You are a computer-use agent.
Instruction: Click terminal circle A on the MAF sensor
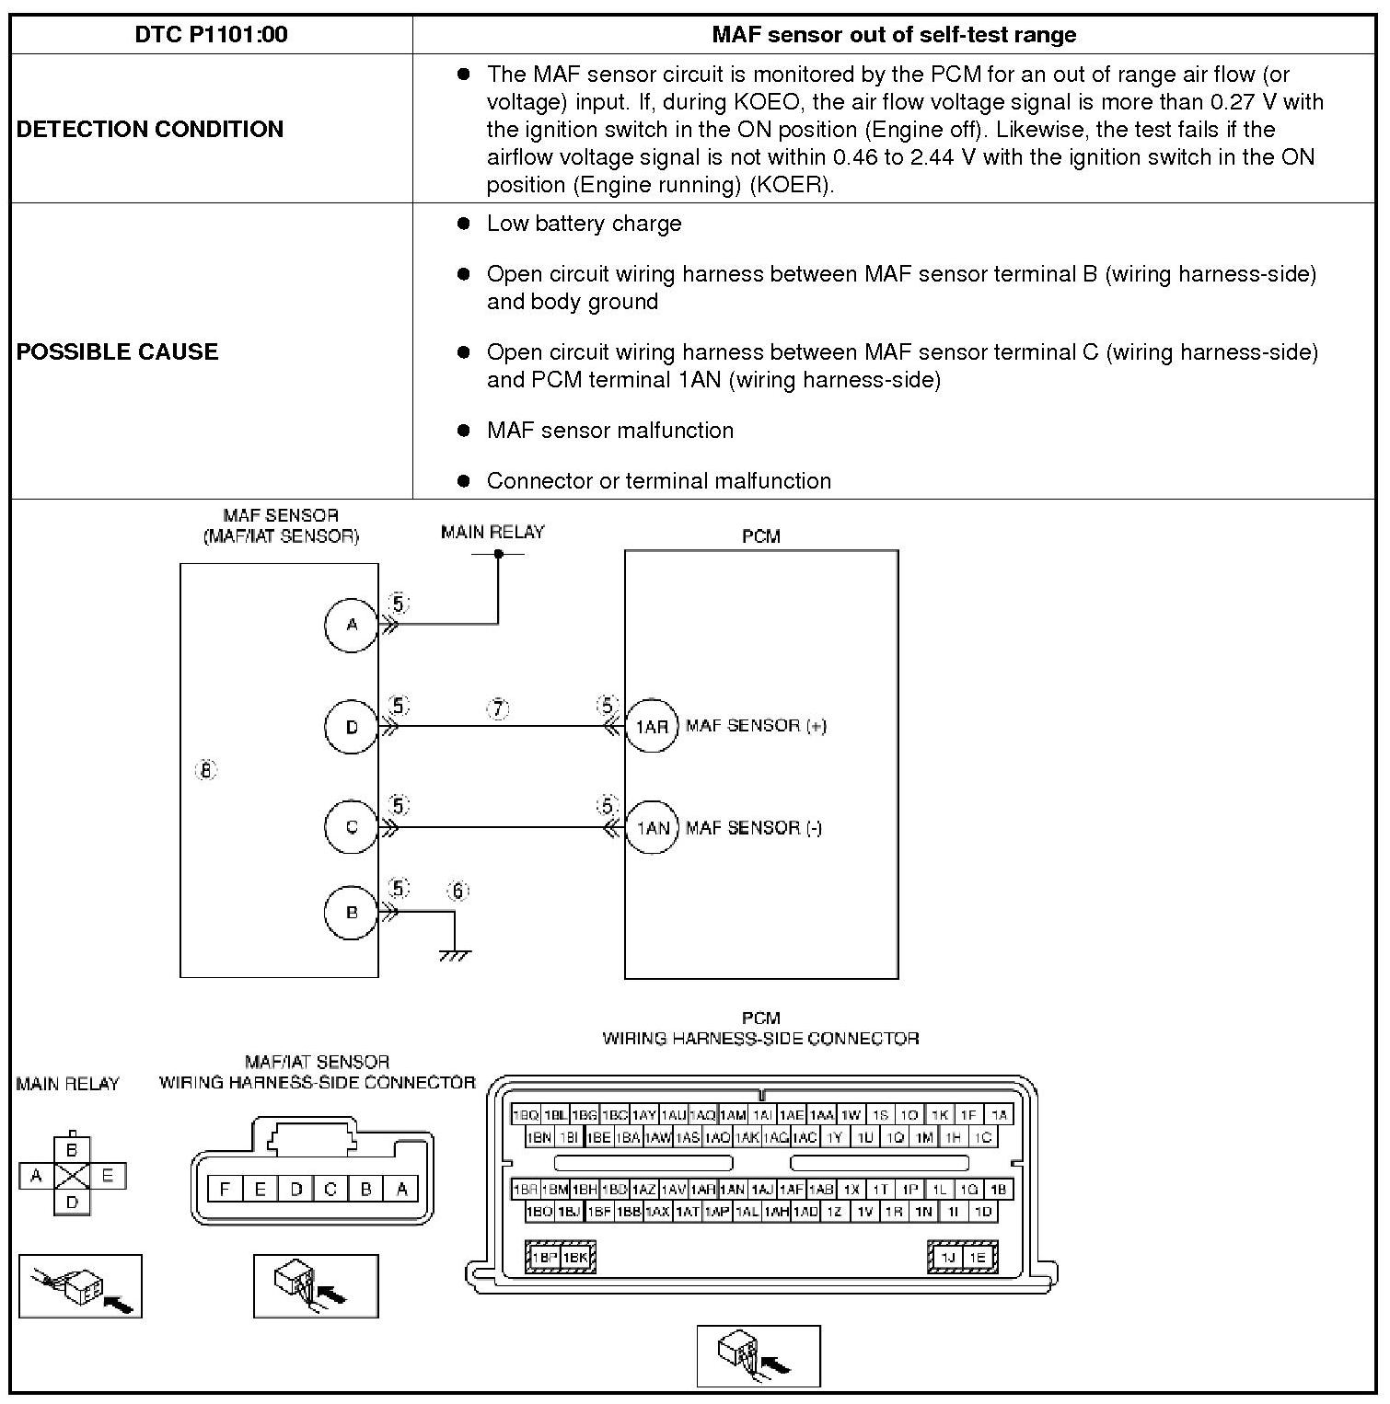pos(352,626)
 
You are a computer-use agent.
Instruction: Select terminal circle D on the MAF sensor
pos(352,727)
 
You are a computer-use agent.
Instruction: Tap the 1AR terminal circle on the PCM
pos(652,727)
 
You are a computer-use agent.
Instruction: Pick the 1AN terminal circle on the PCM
pos(652,827)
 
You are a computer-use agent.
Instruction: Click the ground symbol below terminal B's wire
pos(455,955)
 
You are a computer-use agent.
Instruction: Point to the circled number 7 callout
pos(498,709)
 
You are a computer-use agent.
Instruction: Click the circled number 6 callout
pos(458,891)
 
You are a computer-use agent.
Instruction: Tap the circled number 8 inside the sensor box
pos(206,770)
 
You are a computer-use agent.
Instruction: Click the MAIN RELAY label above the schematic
pos(492,532)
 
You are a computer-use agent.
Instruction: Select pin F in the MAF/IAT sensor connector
pos(225,1189)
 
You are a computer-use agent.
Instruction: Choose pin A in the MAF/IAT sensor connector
pos(401,1189)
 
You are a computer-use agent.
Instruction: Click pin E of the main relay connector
pos(107,1175)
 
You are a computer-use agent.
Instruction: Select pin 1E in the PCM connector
pos(978,1258)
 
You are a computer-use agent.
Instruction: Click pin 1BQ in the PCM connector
pos(526,1115)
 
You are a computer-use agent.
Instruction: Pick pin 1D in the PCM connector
pos(983,1212)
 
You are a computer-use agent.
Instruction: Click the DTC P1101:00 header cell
pos(211,35)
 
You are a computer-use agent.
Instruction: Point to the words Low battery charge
pos(584,224)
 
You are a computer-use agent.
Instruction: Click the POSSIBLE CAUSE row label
pos(118,351)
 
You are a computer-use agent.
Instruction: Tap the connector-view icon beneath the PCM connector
pos(758,1355)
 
